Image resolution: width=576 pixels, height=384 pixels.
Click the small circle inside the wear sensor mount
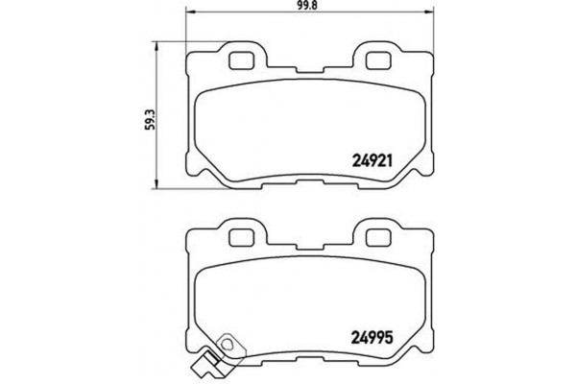pyautogui.click(x=228, y=343)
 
